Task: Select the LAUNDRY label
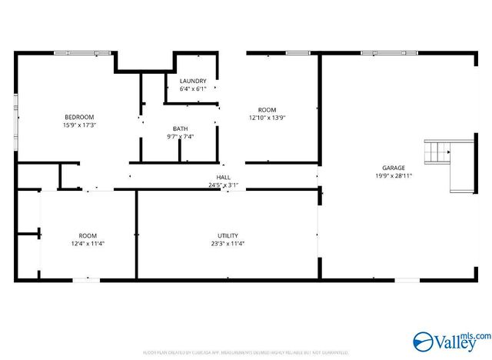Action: click(x=192, y=81)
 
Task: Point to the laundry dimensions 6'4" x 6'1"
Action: click(x=192, y=89)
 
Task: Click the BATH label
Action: click(x=180, y=128)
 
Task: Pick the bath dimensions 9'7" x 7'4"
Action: click(x=180, y=137)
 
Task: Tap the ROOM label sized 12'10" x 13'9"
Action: click(x=267, y=110)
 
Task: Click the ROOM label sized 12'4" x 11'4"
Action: click(x=88, y=235)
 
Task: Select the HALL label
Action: click(x=223, y=177)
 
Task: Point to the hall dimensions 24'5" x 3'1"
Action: click(x=223, y=185)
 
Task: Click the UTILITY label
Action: click(x=228, y=235)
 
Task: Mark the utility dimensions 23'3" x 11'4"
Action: click(x=228, y=244)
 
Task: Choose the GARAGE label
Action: click(x=394, y=168)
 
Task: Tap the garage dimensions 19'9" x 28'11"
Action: click(x=394, y=176)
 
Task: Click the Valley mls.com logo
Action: click(x=451, y=339)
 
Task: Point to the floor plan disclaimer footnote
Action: click(x=246, y=352)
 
